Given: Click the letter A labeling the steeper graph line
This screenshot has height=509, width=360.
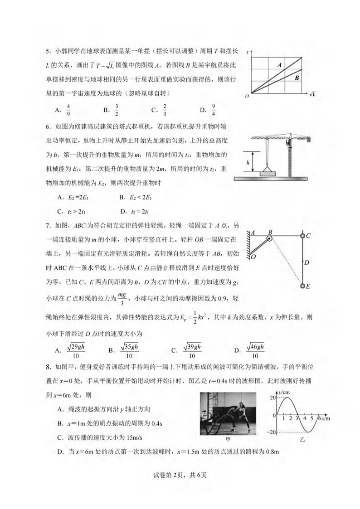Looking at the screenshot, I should [280, 65].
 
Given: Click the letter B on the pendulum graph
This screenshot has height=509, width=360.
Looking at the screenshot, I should [297, 78].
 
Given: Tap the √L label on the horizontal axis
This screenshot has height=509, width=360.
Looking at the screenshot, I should [312, 95].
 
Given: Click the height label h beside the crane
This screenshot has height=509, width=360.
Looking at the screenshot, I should [248, 162].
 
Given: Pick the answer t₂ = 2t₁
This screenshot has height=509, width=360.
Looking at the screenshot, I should [140, 211].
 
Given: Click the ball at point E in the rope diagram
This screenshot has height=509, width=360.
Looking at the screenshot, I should [302, 286].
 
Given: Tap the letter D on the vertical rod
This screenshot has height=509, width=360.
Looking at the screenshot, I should [307, 262].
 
